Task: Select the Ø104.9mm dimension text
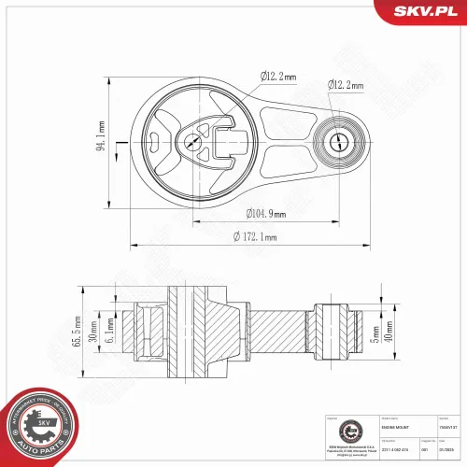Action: pos(265,213)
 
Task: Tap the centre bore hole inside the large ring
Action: pos(192,142)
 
